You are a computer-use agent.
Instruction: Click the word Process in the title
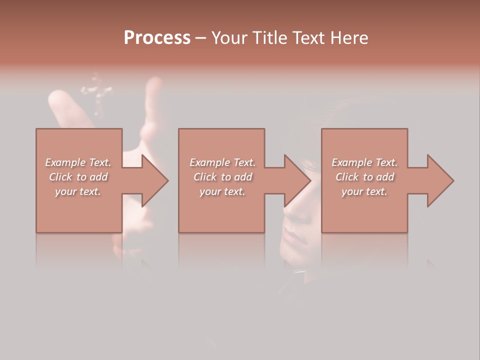[157, 38]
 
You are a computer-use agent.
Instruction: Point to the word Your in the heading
[229, 38]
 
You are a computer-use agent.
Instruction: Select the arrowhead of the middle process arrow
[297, 180]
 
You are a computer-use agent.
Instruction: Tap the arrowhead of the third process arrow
[440, 180]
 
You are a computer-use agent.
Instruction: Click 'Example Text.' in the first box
[78, 162]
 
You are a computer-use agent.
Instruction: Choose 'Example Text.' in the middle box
[222, 162]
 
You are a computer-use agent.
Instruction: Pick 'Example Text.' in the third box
[364, 162]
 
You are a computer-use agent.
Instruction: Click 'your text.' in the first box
[78, 191]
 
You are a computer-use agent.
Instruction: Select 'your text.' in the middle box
[222, 191]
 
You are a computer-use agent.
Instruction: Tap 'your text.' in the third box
[364, 191]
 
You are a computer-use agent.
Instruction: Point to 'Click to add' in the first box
[78, 177]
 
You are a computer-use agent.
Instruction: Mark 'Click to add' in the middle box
[222, 177]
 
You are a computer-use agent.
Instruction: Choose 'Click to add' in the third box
[364, 177]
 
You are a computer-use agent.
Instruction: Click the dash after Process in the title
[200, 38]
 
